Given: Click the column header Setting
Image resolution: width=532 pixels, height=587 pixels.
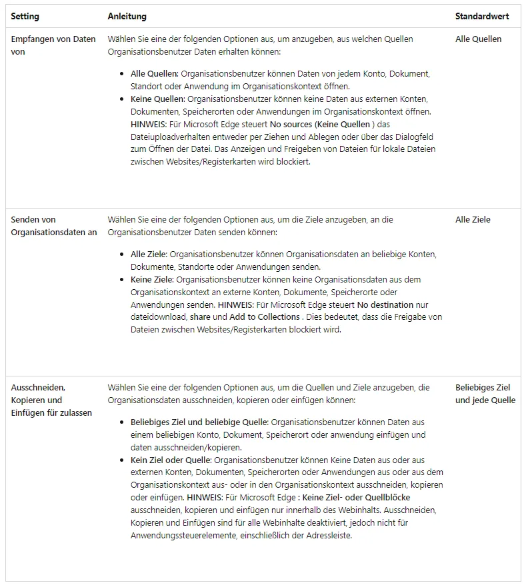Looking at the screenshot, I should click(x=25, y=16).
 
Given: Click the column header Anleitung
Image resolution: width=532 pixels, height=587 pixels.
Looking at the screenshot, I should click(x=127, y=16).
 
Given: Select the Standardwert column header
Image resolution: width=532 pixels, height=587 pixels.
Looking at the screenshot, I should click(x=482, y=16).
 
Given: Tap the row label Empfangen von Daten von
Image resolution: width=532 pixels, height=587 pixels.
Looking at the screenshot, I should click(x=53, y=45).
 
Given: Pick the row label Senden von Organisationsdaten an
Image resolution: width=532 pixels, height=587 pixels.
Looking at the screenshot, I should click(x=54, y=226).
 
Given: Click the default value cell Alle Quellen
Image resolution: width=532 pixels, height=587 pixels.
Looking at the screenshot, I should click(x=478, y=39).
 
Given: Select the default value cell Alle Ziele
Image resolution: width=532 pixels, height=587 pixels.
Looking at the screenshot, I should click(x=473, y=220).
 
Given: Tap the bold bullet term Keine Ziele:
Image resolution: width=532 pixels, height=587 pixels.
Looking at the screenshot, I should click(x=149, y=279).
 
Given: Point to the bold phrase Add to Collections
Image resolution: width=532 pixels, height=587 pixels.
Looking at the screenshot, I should click(x=264, y=317).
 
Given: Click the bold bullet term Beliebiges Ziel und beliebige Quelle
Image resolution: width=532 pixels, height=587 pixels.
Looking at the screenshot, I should click(x=199, y=422).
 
